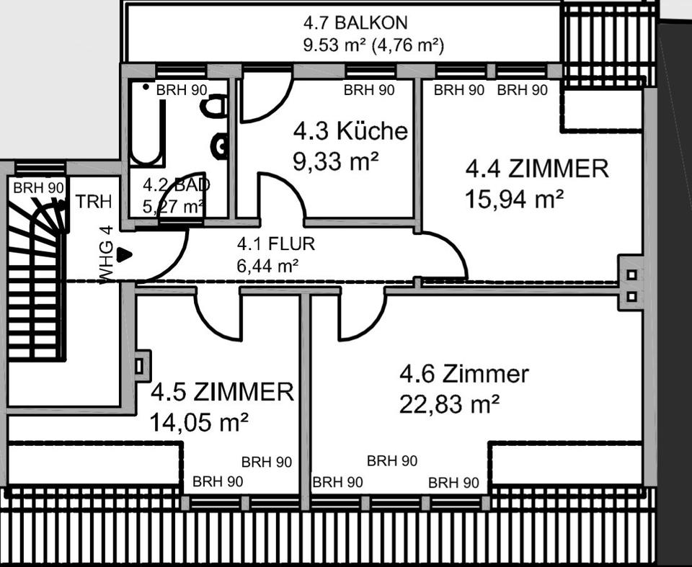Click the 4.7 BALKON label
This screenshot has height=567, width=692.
pyautogui.click(x=355, y=22)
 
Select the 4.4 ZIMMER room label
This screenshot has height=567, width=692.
pyautogui.click(x=537, y=169)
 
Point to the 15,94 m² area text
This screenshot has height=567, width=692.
pyautogui.click(x=514, y=198)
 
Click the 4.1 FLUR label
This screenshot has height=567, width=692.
pyautogui.click(x=276, y=244)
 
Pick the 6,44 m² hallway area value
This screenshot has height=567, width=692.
pyautogui.click(x=267, y=266)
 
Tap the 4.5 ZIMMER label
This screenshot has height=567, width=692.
pyautogui.click(x=222, y=393)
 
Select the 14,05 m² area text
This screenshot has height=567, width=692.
pyautogui.click(x=199, y=421)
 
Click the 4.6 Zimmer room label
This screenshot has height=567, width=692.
pyautogui.click(x=464, y=375)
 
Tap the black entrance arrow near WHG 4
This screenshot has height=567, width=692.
pyautogui.click(x=125, y=254)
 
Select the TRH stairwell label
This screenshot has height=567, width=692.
pyautogui.click(x=94, y=202)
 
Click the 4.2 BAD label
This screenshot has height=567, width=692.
pyautogui.click(x=176, y=184)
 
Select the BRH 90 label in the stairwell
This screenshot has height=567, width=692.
pyautogui.click(x=38, y=187)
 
